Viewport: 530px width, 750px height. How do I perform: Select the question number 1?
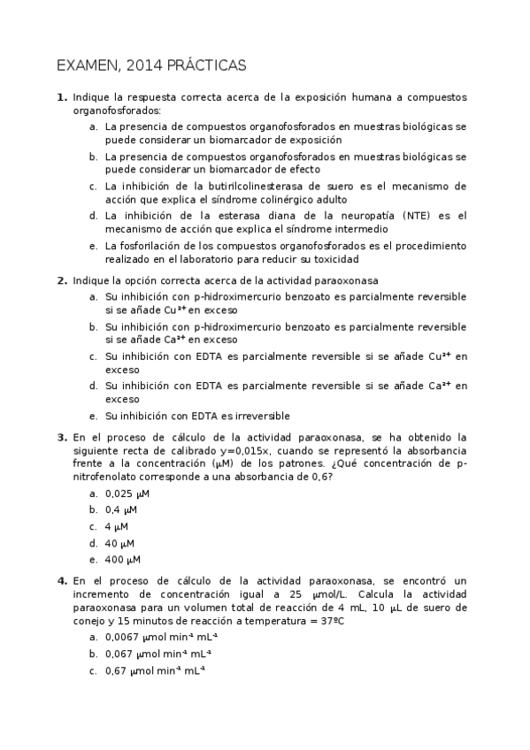coord(62,97)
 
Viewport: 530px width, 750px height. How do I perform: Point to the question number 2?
coord(62,280)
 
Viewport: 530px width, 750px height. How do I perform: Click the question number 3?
coord(62,437)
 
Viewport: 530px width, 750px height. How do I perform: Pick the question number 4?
coord(62,580)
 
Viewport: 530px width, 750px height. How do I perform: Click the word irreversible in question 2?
coord(260,416)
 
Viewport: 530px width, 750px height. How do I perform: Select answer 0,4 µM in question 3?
coord(121,509)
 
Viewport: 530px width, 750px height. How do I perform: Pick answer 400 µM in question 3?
coord(123,560)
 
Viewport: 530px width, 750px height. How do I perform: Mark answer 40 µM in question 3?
coord(120,543)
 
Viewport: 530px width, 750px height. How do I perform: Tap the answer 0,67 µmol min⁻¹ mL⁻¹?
coord(146,670)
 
